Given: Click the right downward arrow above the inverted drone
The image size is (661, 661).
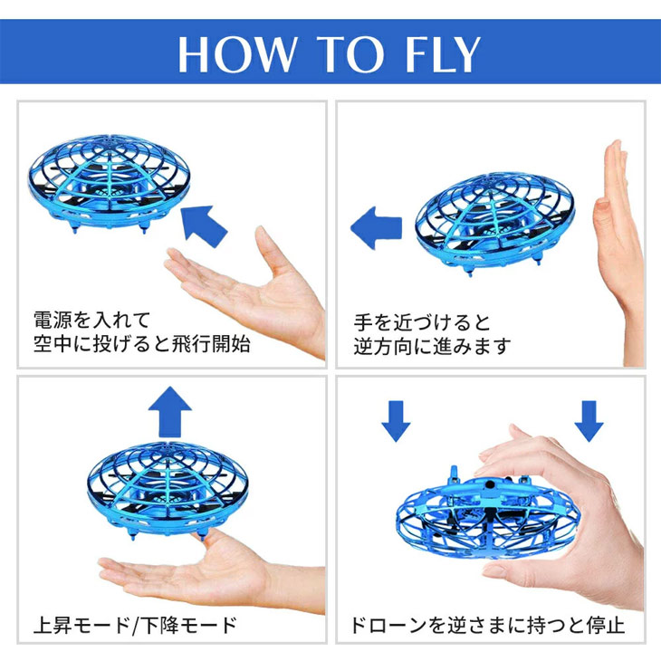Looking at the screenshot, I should [x=589, y=421].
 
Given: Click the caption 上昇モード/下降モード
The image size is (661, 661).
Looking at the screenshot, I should [x=135, y=625].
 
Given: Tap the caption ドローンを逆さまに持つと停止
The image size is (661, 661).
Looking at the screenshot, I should [x=487, y=625].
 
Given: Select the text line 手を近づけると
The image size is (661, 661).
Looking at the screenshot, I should [x=422, y=321].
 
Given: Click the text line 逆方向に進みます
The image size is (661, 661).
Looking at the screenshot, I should [x=433, y=347].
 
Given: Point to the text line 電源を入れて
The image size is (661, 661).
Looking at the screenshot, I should [x=91, y=320].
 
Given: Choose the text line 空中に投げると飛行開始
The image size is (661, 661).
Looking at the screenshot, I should [x=141, y=345].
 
